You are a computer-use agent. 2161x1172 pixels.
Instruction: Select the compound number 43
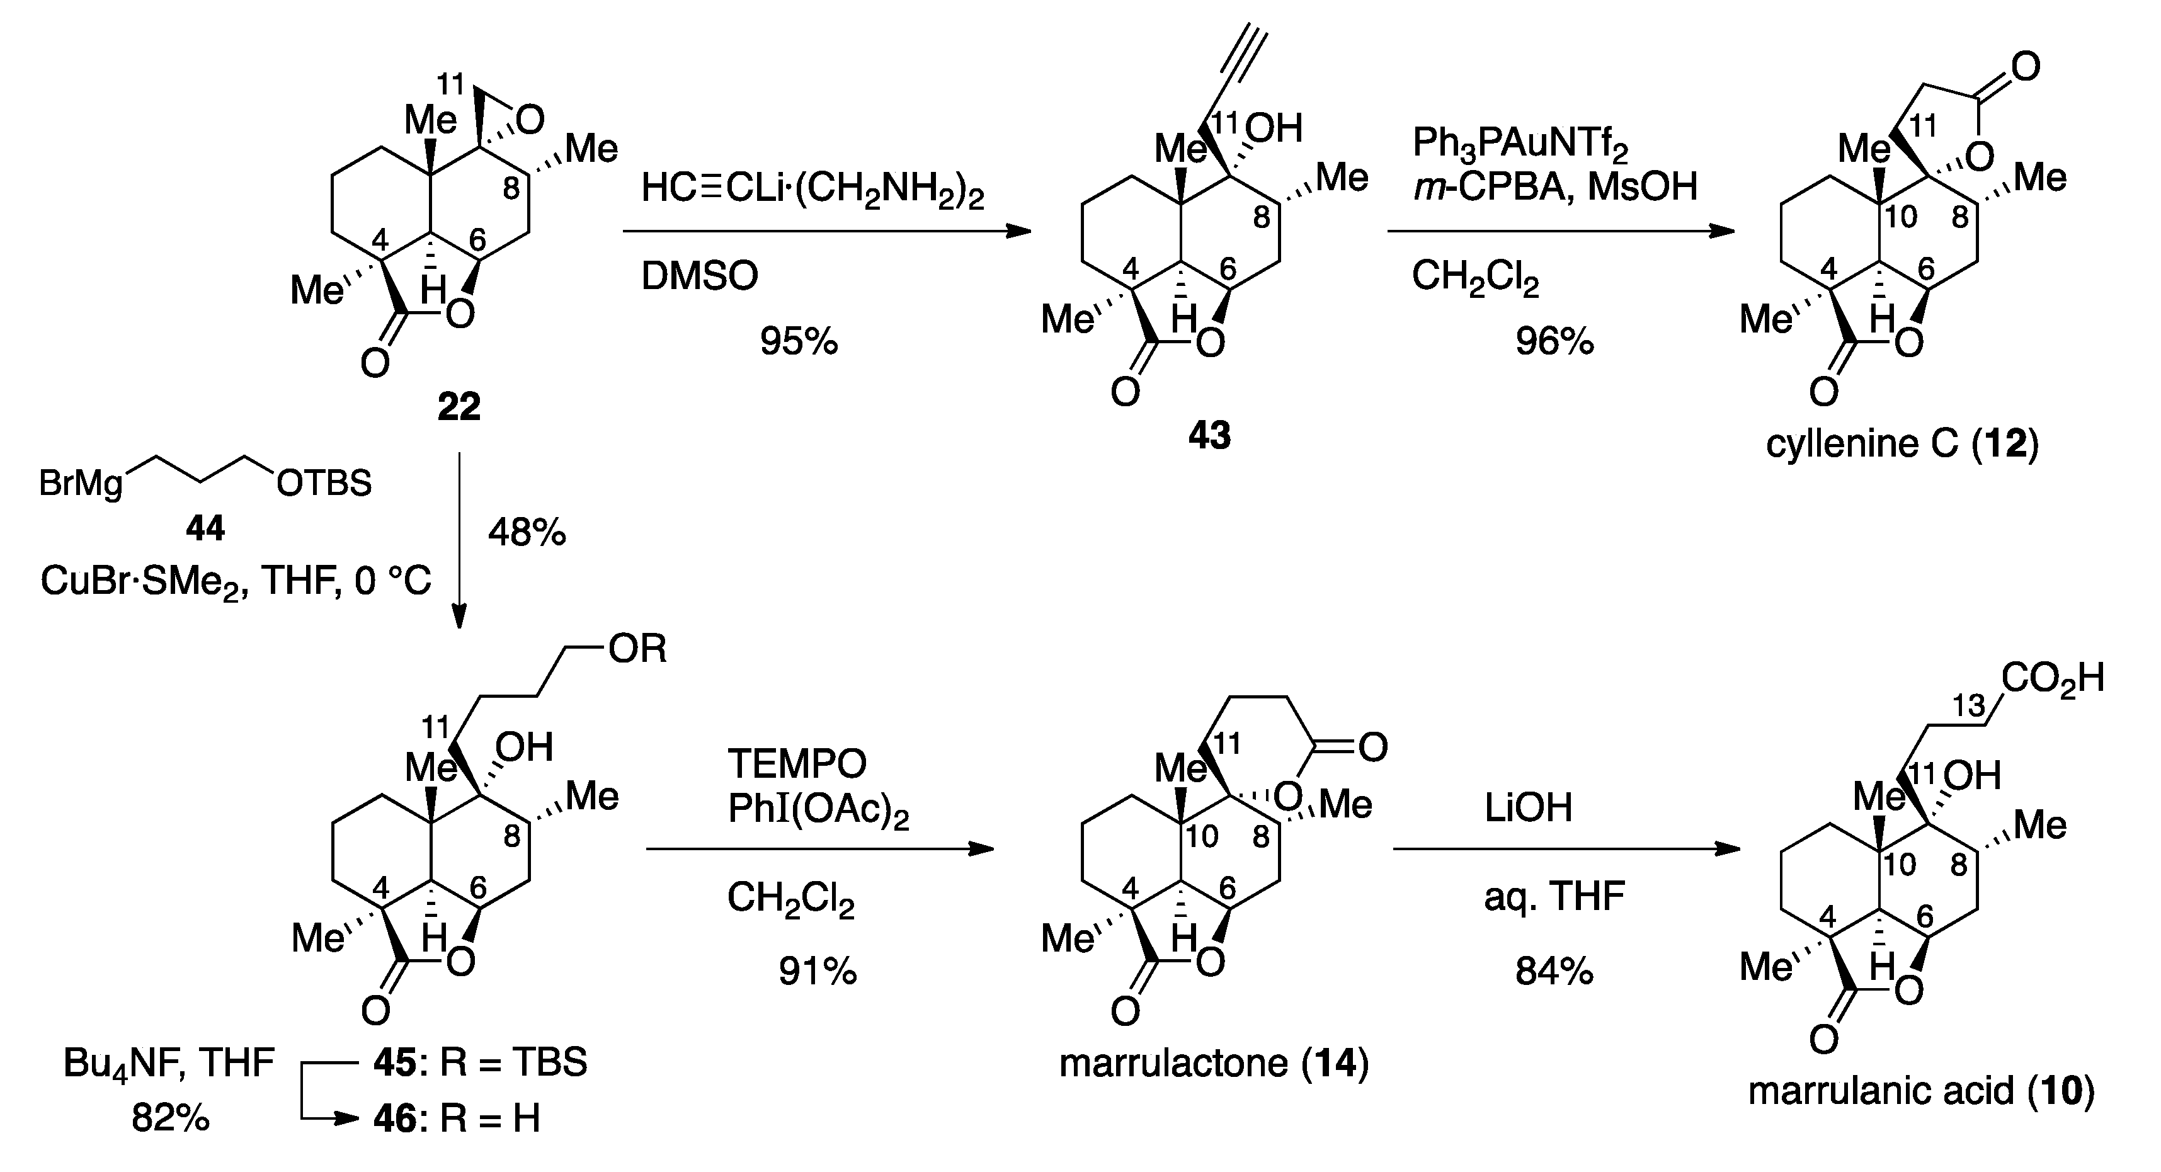point(1209,435)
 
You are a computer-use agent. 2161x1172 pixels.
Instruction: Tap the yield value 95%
point(799,341)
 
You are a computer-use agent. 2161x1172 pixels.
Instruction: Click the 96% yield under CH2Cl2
point(1554,341)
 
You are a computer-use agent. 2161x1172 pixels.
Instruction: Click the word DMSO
point(700,275)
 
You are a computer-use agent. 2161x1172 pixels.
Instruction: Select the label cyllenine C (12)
point(1902,443)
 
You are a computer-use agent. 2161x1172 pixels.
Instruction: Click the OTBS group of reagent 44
point(324,483)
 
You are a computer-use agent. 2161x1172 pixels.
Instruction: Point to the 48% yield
point(527,532)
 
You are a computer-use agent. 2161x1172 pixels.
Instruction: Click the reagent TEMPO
point(797,763)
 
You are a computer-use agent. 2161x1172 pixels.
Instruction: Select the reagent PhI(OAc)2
point(818,811)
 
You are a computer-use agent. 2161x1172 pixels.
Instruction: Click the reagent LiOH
point(1527,808)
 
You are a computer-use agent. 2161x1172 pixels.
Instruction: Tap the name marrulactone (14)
point(1214,1064)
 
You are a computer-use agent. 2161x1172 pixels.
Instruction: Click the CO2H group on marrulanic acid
point(2052,678)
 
